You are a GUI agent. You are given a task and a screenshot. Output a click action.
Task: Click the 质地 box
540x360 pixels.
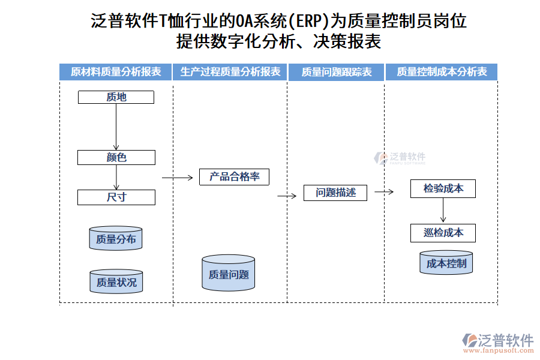tap(116, 97)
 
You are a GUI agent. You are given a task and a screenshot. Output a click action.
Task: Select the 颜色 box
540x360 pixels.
tap(116, 158)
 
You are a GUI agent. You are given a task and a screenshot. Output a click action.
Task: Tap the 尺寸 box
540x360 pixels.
tap(116, 197)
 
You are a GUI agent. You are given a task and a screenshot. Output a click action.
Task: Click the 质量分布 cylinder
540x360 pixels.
tap(116, 239)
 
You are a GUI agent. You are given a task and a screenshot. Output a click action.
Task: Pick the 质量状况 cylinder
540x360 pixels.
tap(116, 281)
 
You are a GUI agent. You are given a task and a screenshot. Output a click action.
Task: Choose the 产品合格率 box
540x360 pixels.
tap(234, 177)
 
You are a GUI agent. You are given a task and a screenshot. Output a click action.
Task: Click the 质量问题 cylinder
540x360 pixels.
tap(228, 274)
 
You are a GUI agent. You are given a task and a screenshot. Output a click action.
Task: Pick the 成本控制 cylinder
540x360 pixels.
tap(446, 263)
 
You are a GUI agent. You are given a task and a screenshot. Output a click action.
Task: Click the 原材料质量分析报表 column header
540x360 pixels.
tap(116, 72)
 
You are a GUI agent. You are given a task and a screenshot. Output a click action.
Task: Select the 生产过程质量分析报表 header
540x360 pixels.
tap(230, 72)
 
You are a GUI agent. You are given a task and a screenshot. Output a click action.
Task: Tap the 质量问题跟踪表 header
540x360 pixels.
tap(336, 72)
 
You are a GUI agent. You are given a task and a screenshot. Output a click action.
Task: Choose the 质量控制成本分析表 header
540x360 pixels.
tap(442, 72)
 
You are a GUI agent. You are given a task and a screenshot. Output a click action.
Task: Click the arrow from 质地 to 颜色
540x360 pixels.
tap(116, 127)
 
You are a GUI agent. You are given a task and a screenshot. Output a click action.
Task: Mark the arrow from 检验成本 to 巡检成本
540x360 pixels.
tap(443, 211)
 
